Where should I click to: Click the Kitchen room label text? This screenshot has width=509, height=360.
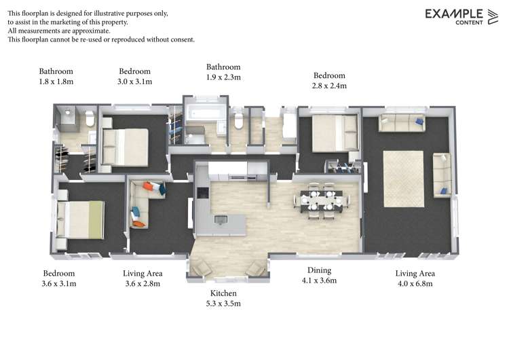click(223, 293)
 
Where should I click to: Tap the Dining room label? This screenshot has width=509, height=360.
click(320, 270)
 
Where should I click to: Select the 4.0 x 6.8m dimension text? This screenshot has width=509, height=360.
click(415, 284)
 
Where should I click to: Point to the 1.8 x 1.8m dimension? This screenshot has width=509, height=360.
click(56, 82)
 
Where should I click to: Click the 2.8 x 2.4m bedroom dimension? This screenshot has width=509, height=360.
click(329, 86)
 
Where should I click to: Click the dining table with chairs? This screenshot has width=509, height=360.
click(322, 201)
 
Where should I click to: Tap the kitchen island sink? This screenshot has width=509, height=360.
click(221, 219)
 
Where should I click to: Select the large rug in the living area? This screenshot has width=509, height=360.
click(404, 179)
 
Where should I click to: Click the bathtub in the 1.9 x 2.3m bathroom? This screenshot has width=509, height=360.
click(205, 113)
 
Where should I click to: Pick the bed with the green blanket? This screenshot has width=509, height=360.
click(81, 219)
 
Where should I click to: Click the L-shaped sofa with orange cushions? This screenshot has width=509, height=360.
click(147, 202)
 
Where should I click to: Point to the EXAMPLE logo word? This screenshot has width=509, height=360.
click(454, 14)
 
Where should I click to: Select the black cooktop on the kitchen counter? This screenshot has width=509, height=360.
click(202, 193)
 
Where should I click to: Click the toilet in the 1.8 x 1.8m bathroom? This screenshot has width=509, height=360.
click(90, 118)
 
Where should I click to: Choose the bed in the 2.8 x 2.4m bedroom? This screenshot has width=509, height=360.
click(335, 133)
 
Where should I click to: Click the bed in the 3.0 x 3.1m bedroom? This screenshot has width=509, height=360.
click(126, 147)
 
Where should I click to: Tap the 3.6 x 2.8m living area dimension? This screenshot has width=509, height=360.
click(143, 284)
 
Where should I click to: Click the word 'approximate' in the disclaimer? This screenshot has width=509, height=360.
click(91, 31)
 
